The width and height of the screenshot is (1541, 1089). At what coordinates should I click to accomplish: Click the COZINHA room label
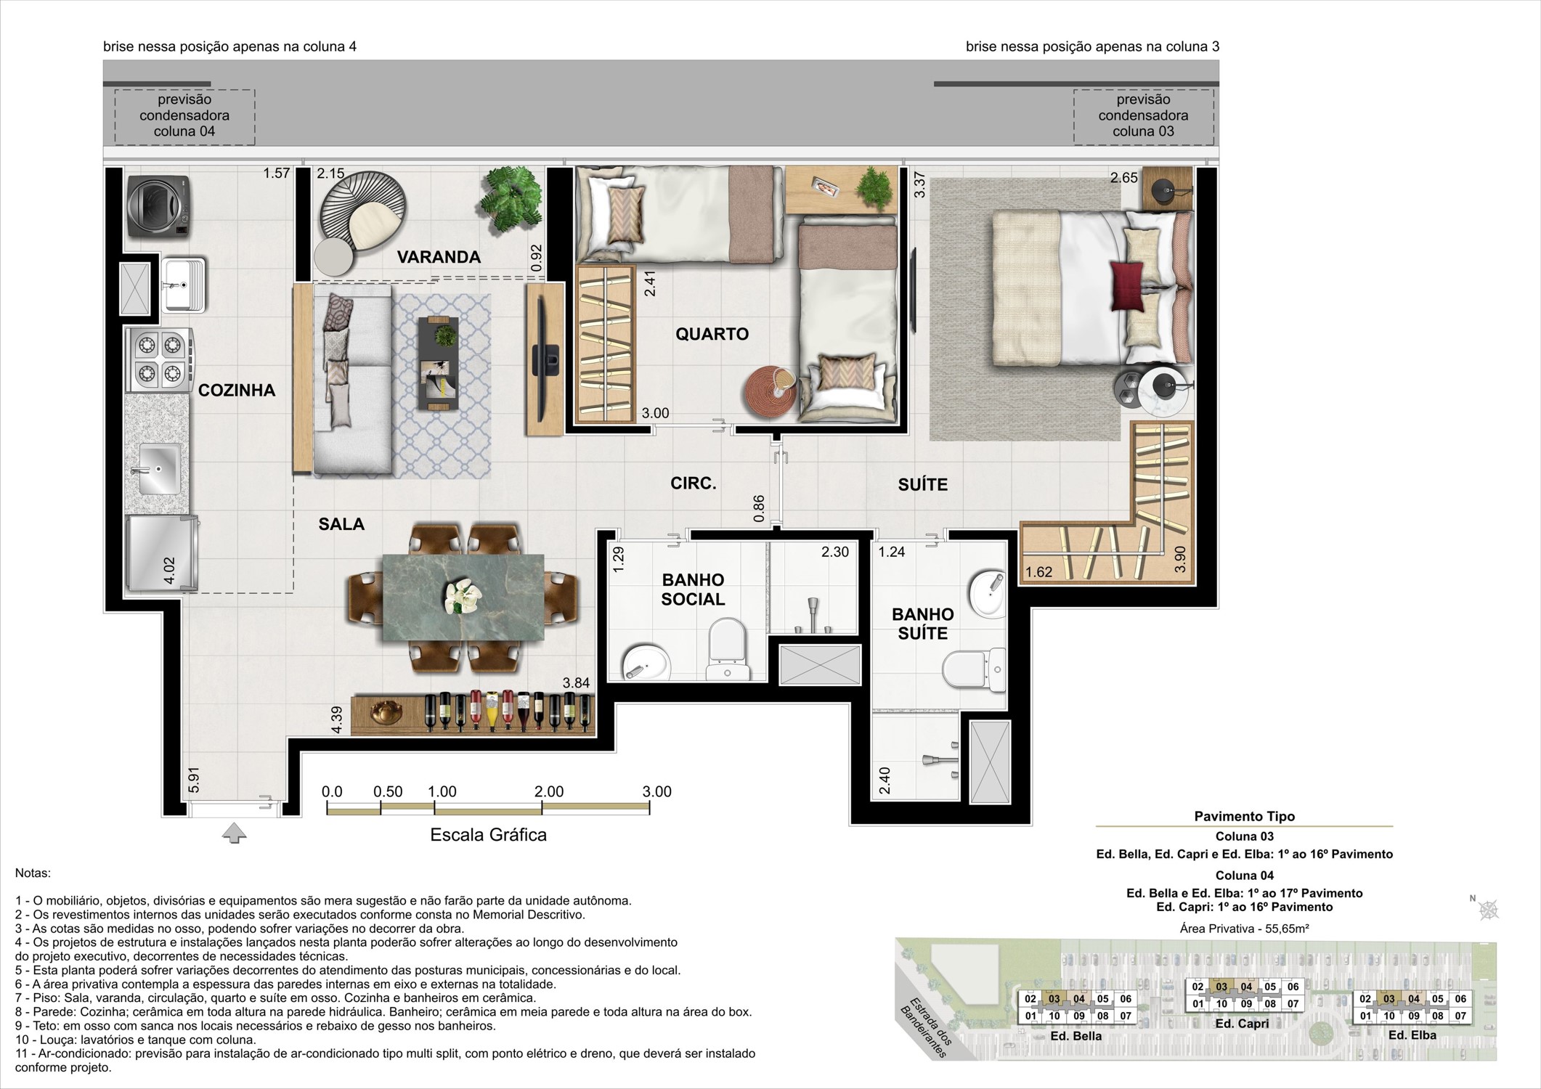pyautogui.click(x=237, y=390)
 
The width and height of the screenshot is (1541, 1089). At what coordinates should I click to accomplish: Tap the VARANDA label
pyautogui.click(x=439, y=256)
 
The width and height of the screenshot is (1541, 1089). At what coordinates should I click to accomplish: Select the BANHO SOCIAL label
pyautogui.click(x=693, y=590)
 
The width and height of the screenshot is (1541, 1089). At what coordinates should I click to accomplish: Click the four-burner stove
pyautogui.click(x=160, y=360)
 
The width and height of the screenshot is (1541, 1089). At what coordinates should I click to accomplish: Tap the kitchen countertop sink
pyautogui.click(x=157, y=469)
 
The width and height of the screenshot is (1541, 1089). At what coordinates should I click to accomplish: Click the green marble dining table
pyautogui.click(x=463, y=597)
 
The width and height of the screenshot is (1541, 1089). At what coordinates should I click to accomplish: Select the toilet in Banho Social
pyautogui.click(x=727, y=648)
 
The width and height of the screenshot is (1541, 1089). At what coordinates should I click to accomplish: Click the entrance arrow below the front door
pyautogui.click(x=234, y=833)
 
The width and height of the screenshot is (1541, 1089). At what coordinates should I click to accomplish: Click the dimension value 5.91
pyautogui.click(x=193, y=780)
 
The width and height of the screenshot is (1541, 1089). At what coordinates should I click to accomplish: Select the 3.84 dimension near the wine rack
pyautogui.click(x=576, y=683)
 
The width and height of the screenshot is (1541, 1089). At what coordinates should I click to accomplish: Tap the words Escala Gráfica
pyautogui.click(x=488, y=835)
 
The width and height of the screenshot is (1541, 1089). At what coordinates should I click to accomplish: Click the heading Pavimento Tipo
pyautogui.click(x=1245, y=817)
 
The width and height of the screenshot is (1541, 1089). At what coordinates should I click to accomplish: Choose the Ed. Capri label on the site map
pyautogui.click(x=1243, y=1024)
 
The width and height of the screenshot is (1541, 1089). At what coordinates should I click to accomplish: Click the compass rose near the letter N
pyautogui.click(x=1489, y=909)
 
